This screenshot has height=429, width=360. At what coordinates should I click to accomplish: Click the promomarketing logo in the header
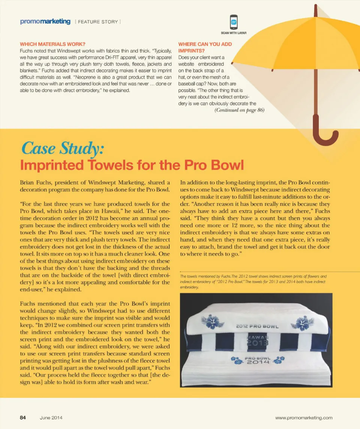[x=45, y=21]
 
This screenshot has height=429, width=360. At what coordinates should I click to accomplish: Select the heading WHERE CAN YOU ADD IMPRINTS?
[x=205, y=47]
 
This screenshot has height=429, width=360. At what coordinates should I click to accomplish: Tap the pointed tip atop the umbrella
[x=316, y=8]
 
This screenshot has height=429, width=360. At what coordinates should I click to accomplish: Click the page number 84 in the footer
[x=23, y=418]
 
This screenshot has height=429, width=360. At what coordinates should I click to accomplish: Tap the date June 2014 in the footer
[x=51, y=418]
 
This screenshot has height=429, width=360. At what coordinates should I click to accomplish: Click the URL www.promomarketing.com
[x=304, y=418]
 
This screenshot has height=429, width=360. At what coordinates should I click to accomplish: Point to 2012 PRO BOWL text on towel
[x=257, y=326]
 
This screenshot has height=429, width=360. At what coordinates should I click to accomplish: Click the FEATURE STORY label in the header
[x=98, y=22]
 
